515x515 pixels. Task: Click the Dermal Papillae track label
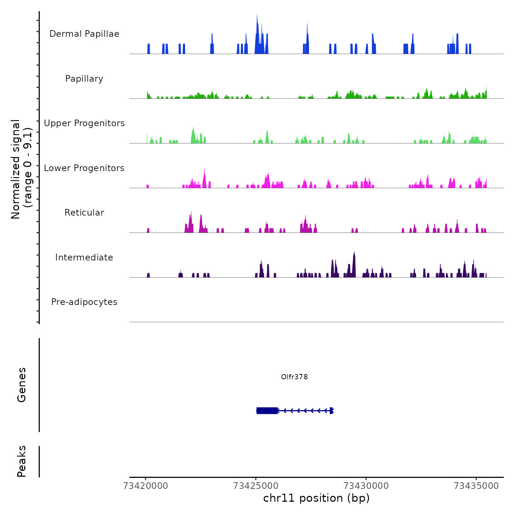84,34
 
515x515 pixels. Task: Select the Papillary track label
84,79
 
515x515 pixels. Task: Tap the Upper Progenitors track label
84,123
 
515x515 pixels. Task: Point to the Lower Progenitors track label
84,168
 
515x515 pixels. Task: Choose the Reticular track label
84,213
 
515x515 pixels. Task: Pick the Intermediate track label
84,257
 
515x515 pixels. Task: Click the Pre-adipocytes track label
84,302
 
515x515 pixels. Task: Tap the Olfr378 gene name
294,377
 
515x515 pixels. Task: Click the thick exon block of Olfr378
267,411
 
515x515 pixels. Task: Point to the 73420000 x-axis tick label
146,486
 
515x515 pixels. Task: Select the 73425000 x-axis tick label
256,486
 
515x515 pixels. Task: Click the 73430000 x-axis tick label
366,486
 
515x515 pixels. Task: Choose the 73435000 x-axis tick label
476,486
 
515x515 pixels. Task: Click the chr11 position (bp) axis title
316,498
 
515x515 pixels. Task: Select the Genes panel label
22,385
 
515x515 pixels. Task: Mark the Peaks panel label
22,461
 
